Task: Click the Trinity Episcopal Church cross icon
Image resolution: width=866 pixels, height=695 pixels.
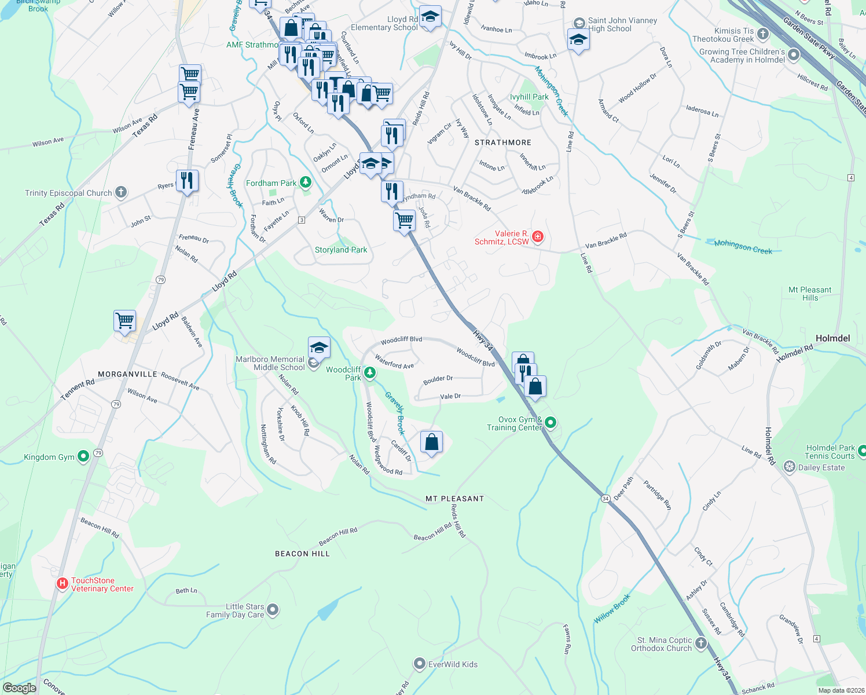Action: point(121,192)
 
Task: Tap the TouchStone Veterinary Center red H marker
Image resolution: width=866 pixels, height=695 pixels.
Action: point(63,584)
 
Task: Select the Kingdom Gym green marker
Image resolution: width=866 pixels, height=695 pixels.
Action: point(83,457)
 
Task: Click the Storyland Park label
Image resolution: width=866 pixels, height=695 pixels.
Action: point(341,250)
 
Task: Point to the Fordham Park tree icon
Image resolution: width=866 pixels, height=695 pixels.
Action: point(306,183)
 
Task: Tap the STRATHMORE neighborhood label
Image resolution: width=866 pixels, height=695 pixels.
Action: point(502,142)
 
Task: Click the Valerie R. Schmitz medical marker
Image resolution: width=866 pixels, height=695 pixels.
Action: point(538,236)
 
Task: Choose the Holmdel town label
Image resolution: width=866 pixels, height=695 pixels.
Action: point(832,338)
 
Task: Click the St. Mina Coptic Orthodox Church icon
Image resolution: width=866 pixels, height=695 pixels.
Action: point(701,643)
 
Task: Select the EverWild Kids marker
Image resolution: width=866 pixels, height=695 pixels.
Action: point(420,664)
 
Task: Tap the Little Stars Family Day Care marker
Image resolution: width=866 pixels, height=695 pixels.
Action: point(273,610)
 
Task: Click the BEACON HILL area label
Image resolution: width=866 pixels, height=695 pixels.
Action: point(302,554)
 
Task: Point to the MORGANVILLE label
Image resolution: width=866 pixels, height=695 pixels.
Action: point(127,374)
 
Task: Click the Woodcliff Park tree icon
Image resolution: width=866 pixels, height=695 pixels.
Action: point(369,371)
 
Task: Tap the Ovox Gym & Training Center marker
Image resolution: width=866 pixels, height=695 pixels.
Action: point(551,423)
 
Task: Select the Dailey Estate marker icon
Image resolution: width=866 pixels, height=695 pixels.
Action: point(790,467)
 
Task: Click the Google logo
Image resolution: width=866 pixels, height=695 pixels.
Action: point(19,688)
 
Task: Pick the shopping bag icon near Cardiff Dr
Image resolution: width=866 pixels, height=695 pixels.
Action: point(432,442)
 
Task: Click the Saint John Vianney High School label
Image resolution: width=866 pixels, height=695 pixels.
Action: point(622,24)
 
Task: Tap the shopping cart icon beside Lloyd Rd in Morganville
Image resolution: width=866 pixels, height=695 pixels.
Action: point(125,320)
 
